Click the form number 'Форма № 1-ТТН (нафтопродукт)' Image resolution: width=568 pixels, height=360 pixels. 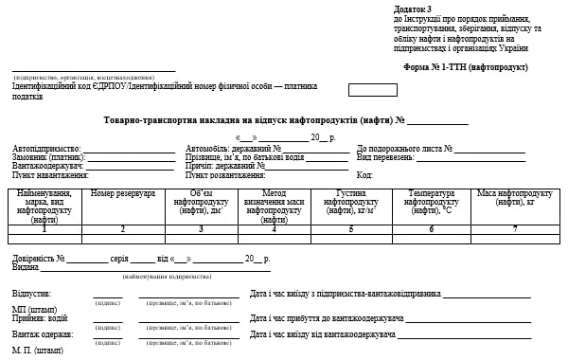(x=465, y=67)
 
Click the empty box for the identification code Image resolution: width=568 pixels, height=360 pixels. (x=372, y=90)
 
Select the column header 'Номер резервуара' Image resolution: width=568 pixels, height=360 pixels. (x=123, y=193)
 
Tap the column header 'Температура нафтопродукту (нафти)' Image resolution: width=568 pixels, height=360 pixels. (x=431, y=202)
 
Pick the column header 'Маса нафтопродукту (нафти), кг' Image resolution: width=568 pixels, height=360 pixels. (x=514, y=198)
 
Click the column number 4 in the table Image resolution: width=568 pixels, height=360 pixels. (x=275, y=228)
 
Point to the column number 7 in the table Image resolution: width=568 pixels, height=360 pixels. (x=514, y=228)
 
